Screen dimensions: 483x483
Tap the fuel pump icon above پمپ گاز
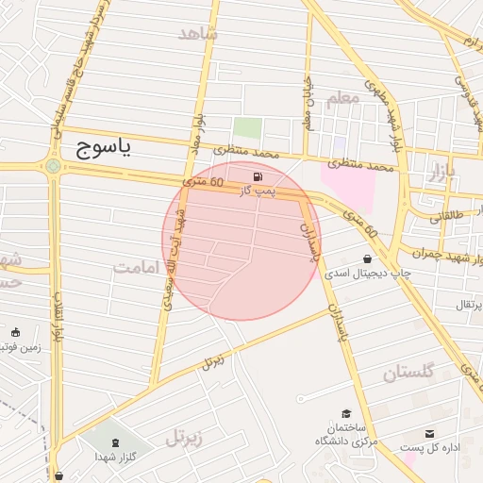pos(257,176)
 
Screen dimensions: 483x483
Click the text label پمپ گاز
pos(257,191)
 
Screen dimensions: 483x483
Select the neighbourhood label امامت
pos(139,267)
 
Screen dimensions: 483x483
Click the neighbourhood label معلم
pos(342,97)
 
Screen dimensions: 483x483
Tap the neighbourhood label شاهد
pos(198,33)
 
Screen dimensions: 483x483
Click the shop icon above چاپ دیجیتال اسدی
pos(367,258)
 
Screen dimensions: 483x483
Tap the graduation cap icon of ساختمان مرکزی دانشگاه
pos(346,413)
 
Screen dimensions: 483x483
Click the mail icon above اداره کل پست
pos(430,433)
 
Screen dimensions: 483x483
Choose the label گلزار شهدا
pos(116,458)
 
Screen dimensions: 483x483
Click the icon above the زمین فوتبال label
pos(15,332)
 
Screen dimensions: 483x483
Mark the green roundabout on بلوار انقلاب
pos(54,167)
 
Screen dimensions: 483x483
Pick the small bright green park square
pos(247,128)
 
